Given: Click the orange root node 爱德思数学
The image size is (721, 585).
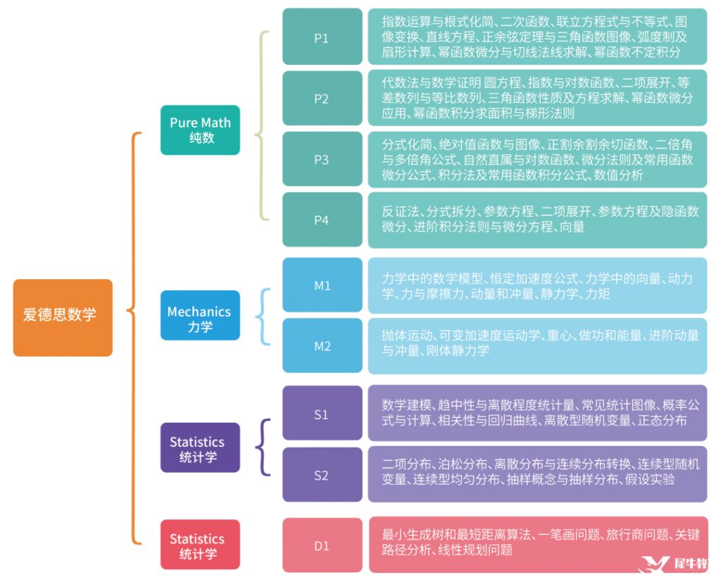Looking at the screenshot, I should [62, 317].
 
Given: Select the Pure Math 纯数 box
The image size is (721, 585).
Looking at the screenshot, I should [200, 130].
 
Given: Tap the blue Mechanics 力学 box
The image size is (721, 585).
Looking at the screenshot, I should [200, 319].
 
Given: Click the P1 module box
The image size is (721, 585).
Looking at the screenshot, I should [322, 37].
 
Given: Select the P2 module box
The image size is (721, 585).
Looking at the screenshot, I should [322, 98].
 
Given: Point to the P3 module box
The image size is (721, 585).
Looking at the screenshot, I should [322, 159].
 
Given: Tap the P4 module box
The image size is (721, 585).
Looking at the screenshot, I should [322, 220].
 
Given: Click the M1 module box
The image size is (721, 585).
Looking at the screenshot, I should [322, 285].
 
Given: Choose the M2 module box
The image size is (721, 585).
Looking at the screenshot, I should [322, 345].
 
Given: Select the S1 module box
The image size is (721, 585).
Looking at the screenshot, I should [322, 414].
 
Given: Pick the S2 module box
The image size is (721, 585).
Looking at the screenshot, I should [322, 474].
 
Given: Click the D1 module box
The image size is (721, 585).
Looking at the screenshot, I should [322, 545].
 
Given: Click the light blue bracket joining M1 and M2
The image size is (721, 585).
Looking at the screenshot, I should [265, 316].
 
